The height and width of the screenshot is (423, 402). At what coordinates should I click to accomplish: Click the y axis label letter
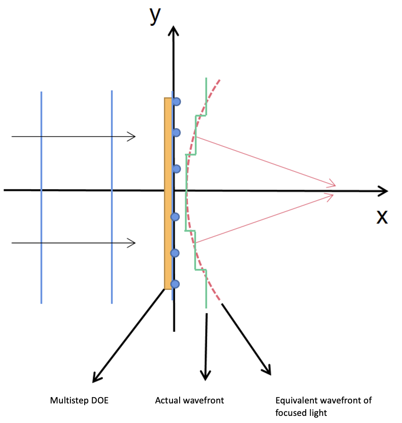coord(155,15)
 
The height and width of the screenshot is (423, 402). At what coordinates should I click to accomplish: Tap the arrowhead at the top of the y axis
coord(174,31)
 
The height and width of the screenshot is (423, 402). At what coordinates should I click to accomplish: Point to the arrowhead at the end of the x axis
coord(383,191)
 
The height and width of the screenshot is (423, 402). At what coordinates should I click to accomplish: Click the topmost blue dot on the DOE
coord(176,102)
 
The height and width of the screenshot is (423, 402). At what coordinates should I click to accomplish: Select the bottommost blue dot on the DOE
coord(175,284)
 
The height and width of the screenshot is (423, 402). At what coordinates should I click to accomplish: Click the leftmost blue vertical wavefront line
coord(41,196)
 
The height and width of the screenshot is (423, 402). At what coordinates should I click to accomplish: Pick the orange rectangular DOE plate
coord(168,194)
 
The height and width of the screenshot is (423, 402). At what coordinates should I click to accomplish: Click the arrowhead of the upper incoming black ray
coord(131,137)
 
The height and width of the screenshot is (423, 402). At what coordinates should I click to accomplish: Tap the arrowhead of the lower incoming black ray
coord(131,243)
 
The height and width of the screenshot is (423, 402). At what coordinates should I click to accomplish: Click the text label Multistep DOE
coord(79,401)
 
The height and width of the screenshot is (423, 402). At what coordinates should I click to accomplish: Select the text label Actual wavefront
coord(189,401)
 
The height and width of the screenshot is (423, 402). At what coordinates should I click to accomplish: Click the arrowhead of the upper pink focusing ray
coord(332,184)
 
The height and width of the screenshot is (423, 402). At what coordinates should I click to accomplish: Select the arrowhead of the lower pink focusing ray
coord(332,195)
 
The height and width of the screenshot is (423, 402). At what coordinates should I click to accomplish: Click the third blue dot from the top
coord(176,168)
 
